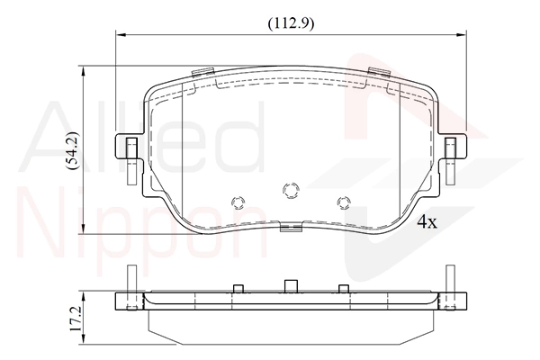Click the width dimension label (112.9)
291,23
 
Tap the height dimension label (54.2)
73,150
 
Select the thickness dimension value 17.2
76,319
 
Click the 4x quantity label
427,222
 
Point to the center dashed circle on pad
291,190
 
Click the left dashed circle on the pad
238,202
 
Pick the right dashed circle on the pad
344,202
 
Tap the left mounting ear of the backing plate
128,147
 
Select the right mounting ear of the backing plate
454,147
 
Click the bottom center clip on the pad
291,226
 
